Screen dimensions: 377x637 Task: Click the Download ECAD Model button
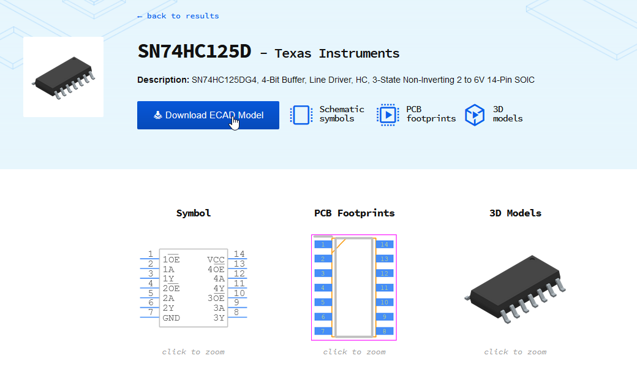[208, 115]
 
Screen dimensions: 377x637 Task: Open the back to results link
[178, 16]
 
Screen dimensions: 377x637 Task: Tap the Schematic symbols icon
[301, 115]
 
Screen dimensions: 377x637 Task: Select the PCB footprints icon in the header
[387, 115]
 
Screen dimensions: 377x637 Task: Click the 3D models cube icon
[475, 115]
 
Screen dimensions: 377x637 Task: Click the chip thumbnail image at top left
[63, 77]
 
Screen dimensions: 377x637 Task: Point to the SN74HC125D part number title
[194, 51]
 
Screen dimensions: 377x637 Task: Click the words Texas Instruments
[337, 53]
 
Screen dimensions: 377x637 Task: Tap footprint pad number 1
[322, 245]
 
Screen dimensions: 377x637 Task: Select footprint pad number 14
[384, 245]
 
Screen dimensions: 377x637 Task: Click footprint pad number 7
[322, 331]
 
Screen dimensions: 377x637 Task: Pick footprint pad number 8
[384, 331]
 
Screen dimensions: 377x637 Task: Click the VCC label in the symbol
[216, 259]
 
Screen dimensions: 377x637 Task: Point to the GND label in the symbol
[171, 318]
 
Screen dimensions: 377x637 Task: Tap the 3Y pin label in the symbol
[219, 318]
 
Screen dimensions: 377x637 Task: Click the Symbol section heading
[194, 213]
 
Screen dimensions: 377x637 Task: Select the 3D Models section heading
[515, 213]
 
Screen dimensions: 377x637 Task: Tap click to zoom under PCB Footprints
[354, 352]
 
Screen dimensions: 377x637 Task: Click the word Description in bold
[162, 80]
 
